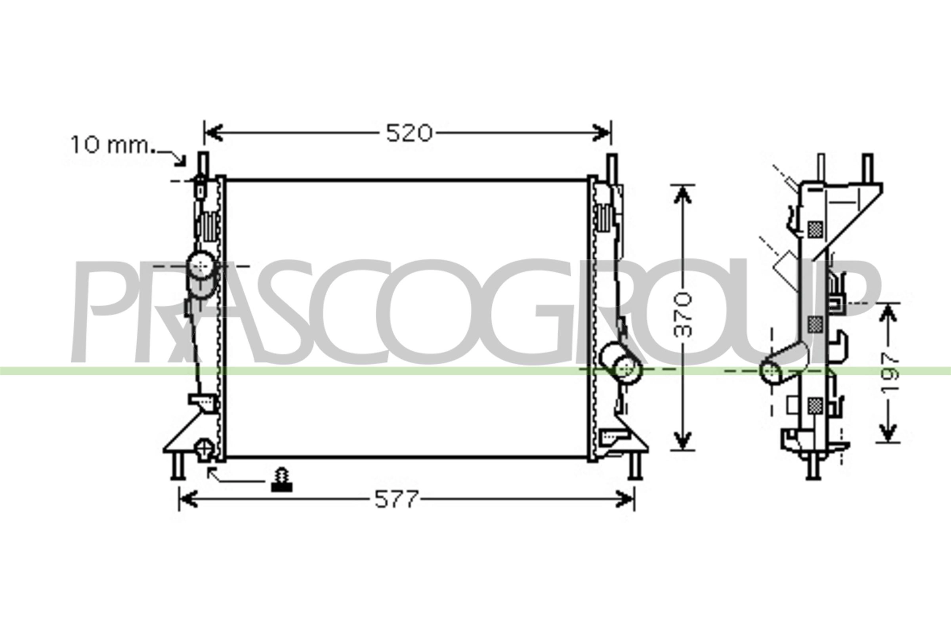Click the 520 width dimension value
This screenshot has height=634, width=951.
click(x=409, y=133)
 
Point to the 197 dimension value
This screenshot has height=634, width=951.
click(x=890, y=372)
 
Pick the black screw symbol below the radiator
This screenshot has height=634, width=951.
click(x=282, y=480)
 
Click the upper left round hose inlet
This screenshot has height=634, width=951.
click(x=201, y=265)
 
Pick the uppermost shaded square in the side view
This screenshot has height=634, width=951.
click(x=815, y=229)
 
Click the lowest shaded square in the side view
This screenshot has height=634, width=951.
click(x=815, y=405)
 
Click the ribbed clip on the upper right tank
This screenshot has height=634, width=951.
click(x=603, y=218)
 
